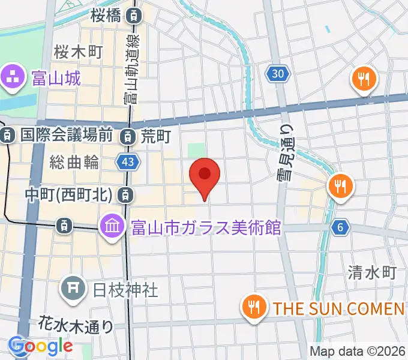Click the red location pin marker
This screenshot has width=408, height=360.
coord(205,176)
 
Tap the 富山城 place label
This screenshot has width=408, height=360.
coord(56,77)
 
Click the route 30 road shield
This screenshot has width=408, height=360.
coord(278,74)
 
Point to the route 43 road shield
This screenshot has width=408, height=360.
coord(128,162)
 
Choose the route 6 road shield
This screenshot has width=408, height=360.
coord(340,227)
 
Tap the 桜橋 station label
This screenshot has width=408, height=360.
coord(110,16)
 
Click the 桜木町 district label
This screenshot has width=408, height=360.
coord(79,51)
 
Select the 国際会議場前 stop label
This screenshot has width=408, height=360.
coord(66,136)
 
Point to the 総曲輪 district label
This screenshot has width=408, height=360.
coord(74,161)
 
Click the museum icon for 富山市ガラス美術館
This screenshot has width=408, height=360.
coord(112,226)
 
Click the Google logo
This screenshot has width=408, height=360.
coord(41,346)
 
